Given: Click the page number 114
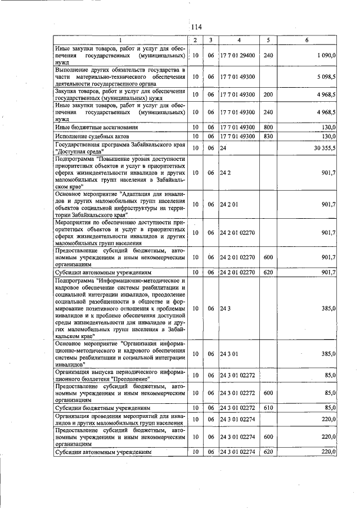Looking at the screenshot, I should pyautogui.click(x=196, y=27).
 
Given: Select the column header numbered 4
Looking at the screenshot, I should pyautogui.click(x=238, y=40).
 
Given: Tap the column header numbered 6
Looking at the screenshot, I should pyautogui.click(x=307, y=40).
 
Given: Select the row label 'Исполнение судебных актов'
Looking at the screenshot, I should pyautogui.click(x=92, y=136).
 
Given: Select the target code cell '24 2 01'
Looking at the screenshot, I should pyautogui.click(x=228, y=204).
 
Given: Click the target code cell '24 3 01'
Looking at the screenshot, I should pyautogui.click(x=228, y=353).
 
